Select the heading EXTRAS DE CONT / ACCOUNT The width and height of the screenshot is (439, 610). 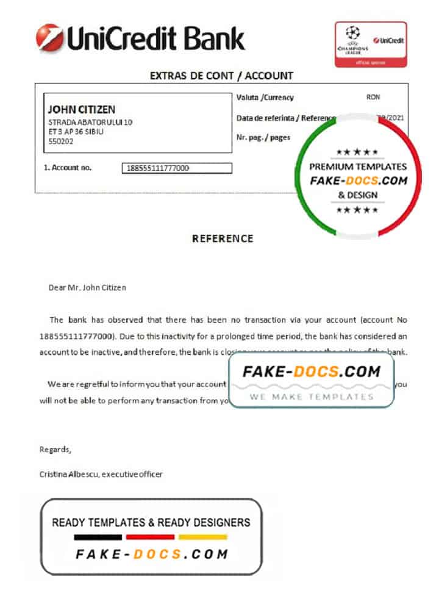point(221,76)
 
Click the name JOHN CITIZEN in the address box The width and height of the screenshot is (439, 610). point(81,110)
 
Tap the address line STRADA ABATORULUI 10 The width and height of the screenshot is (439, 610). point(90,122)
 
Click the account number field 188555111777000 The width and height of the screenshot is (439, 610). point(177,168)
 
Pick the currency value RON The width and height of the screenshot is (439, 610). point(373,98)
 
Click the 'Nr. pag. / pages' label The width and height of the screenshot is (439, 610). point(263,138)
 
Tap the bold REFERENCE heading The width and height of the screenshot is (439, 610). point(223,239)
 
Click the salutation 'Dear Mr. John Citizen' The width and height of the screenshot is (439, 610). point(87,287)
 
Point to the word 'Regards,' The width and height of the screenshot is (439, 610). point(55,450)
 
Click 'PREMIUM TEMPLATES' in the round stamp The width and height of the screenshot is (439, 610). point(357,167)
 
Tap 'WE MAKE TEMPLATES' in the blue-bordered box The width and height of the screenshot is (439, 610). point(311,396)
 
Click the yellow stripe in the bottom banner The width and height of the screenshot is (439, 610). point(203,537)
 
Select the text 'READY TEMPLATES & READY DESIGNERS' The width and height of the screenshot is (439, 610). point(151,522)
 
